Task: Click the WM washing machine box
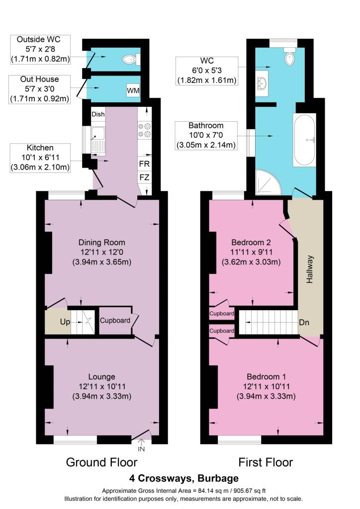[x=133, y=90]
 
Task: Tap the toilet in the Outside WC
[x=131, y=60]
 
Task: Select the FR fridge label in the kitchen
[x=144, y=164]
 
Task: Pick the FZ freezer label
[x=144, y=177]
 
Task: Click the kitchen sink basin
[x=98, y=133]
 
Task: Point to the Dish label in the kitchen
[x=98, y=114]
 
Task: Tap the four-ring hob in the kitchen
[x=145, y=130]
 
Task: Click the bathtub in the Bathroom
[x=304, y=140]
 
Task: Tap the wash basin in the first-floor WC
[x=262, y=84]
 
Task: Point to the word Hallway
[x=310, y=269]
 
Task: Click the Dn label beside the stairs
[x=304, y=322]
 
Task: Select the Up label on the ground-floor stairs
[x=65, y=322]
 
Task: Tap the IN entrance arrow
[x=141, y=445]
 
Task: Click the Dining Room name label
[x=101, y=243]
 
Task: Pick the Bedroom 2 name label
[x=251, y=243]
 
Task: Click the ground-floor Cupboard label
[x=115, y=321]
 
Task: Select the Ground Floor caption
[x=101, y=462]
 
